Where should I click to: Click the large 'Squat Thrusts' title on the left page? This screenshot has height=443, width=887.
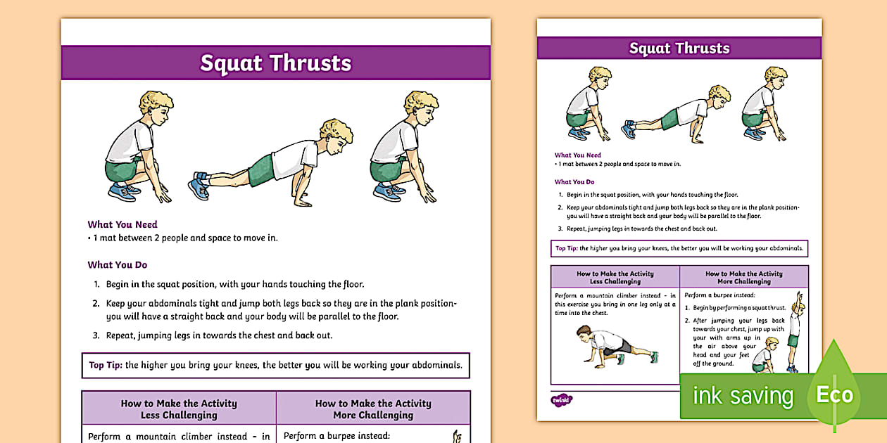tap(275, 63)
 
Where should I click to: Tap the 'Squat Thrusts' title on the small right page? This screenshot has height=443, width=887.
tap(679, 48)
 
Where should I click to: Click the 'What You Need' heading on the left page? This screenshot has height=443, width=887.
tap(122, 224)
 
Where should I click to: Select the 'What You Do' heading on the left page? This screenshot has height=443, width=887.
tap(117, 265)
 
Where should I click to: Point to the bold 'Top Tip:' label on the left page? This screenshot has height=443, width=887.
tap(106, 365)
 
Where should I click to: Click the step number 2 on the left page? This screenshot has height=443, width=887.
tap(96, 304)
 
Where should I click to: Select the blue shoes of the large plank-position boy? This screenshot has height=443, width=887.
tap(199, 186)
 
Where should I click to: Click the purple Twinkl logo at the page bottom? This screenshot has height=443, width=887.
tap(561, 400)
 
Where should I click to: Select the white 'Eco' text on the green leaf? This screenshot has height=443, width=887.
tap(834, 395)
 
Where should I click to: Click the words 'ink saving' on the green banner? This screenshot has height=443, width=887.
tap(743, 396)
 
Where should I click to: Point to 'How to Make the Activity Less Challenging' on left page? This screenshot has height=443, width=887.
tap(179, 409)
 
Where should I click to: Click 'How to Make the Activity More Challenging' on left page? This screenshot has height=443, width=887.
tap(373, 409)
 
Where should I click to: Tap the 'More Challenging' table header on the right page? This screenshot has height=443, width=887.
tap(744, 278)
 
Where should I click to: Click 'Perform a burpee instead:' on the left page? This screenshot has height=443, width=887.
tap(336, 436)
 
